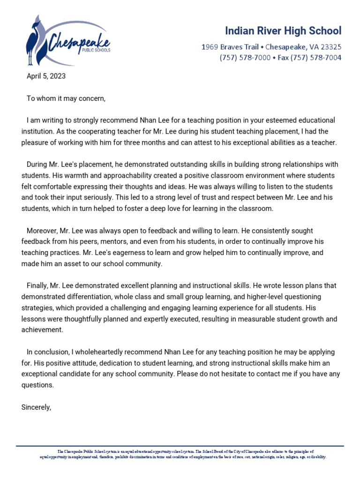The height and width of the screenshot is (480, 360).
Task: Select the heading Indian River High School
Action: click(x=283, y=31)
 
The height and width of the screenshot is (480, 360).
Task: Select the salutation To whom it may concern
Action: click(x=66, y=98)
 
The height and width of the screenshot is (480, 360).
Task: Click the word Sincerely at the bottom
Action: click(x=36, y=407)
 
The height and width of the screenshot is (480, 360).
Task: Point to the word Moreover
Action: click(x=42, y=231)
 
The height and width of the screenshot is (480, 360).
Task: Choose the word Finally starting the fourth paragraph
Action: click(x=38, y=285)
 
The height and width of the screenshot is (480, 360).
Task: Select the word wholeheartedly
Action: click(x=91, y=352)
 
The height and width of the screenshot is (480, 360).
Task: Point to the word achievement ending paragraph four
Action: click(x=42, y=330)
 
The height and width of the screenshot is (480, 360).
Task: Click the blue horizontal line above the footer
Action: click(x=180, y=446)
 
